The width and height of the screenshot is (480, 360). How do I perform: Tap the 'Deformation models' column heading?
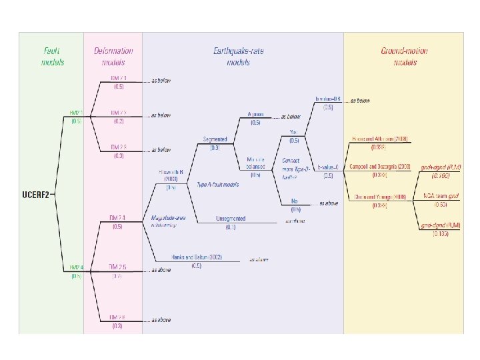click(113, 56)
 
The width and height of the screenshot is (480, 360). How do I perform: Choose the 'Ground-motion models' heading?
click(405, 56)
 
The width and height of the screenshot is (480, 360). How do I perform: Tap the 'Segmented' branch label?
click(215, 139)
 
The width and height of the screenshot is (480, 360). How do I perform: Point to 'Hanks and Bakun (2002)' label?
click(196, 257)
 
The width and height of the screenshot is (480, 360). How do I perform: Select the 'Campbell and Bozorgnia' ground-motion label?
click(379, 167)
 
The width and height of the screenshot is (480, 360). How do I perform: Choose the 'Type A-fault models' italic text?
click(219, 183)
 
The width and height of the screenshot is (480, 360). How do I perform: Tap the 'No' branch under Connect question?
click(294, 201)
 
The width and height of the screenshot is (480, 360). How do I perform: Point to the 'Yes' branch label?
click(294, 131)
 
